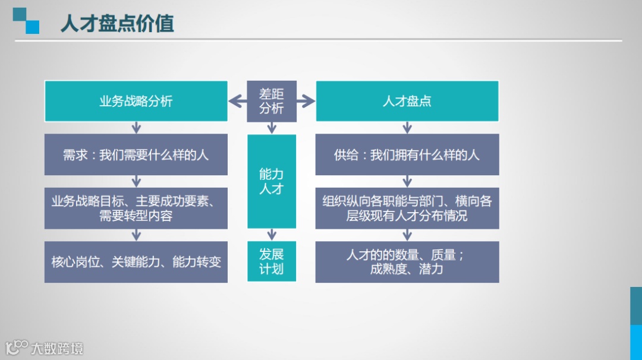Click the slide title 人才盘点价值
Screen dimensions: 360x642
pos(117,23)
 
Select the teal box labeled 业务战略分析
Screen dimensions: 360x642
pos(136,101)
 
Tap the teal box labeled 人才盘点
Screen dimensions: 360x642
pos(407,101)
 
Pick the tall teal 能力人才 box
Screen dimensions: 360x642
pos(272,181)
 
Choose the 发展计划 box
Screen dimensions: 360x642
pos(272,261)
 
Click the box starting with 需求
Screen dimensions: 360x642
pos(136,154)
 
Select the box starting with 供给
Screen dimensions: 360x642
pos(407,154)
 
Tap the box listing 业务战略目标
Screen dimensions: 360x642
pos(136,208)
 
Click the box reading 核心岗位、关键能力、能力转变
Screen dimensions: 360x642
pos(136,261)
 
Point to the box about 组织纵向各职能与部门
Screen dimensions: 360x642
pos(407,208)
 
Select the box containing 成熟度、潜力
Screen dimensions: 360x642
pos(407,261)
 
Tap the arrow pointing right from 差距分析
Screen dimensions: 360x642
pos(306,102)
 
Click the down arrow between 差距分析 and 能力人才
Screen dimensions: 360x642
pos(272,128)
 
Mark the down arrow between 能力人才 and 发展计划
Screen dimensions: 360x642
pos(272,234)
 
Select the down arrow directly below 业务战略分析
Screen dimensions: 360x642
pos(136,127)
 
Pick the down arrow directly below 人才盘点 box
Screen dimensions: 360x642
pos(407,127)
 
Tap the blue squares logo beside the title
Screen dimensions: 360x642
pos(26,21)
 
